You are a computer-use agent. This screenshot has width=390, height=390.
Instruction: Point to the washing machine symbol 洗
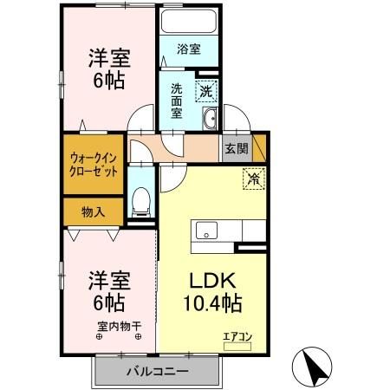(x=205, y=88)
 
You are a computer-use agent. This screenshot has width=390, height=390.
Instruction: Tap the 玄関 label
(x=236, y=148)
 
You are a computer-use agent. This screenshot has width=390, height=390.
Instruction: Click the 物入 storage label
(x=93, y=211)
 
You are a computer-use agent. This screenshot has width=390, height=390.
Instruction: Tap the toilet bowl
(x=140, y=201)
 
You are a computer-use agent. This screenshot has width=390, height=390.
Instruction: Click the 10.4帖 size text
(x=211, y=304)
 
